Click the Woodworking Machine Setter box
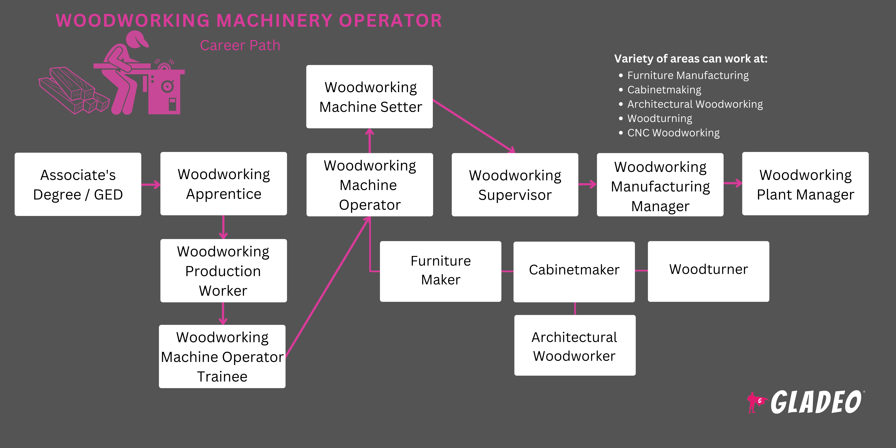[369, 97]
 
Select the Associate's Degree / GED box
[78, 184]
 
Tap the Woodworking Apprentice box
[224, 184]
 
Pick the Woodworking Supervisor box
[515, 185]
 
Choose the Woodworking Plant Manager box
[805, 184]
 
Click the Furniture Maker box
[440, 271]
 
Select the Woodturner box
[708, 271]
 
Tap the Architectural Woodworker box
[575, 345]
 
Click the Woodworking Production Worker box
[223, 271]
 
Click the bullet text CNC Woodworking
[673, 133]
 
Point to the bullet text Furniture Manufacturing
[688, 75]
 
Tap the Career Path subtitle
[240, 46]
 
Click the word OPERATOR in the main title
[390, 20]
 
